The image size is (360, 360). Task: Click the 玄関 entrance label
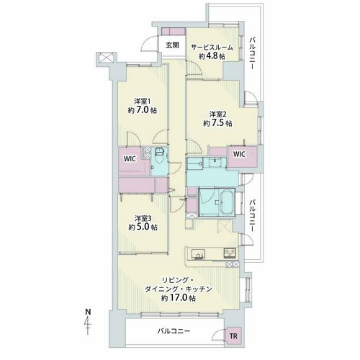coord(173,45)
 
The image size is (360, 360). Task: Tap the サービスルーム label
coord(212,48)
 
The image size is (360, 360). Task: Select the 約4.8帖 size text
coord(212,56)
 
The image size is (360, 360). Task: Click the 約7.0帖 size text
coord(143,110)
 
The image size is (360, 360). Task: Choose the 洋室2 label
coord(217,114)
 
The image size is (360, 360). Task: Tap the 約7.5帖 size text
coord(217,123)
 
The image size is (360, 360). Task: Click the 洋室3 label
coord(143,218)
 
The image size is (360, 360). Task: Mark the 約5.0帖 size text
coord(143,227)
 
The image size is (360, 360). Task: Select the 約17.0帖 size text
coord(179,298)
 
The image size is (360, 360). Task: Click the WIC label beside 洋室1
coord(130,158)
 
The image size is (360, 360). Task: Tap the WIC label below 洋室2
coord(239,154)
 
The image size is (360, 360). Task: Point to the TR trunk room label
coord(233,336)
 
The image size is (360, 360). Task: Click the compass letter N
coord(89,312)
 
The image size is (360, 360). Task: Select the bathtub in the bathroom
coord(227,202)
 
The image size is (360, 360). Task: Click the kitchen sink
coord(198,254)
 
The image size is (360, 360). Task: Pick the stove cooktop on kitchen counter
coord(230,253)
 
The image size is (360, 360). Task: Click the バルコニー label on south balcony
coord(174,331)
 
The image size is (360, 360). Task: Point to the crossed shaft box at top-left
coord(105,58)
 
